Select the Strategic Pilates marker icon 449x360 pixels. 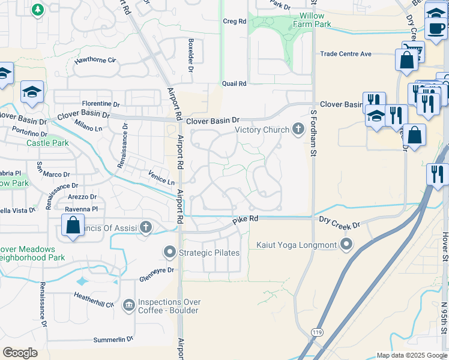click(170, 253)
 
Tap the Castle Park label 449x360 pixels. click(47, 143)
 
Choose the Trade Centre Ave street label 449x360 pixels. click(346, 54)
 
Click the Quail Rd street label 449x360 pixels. click(234, 84)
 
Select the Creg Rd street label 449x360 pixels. click(234, 21)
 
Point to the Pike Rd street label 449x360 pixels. click(246, 220)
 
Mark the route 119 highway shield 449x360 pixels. click(316, 331)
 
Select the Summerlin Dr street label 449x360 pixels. click(113, 340)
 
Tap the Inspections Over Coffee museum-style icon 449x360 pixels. click(128, 306)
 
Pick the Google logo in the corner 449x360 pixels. click(20, 353)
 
